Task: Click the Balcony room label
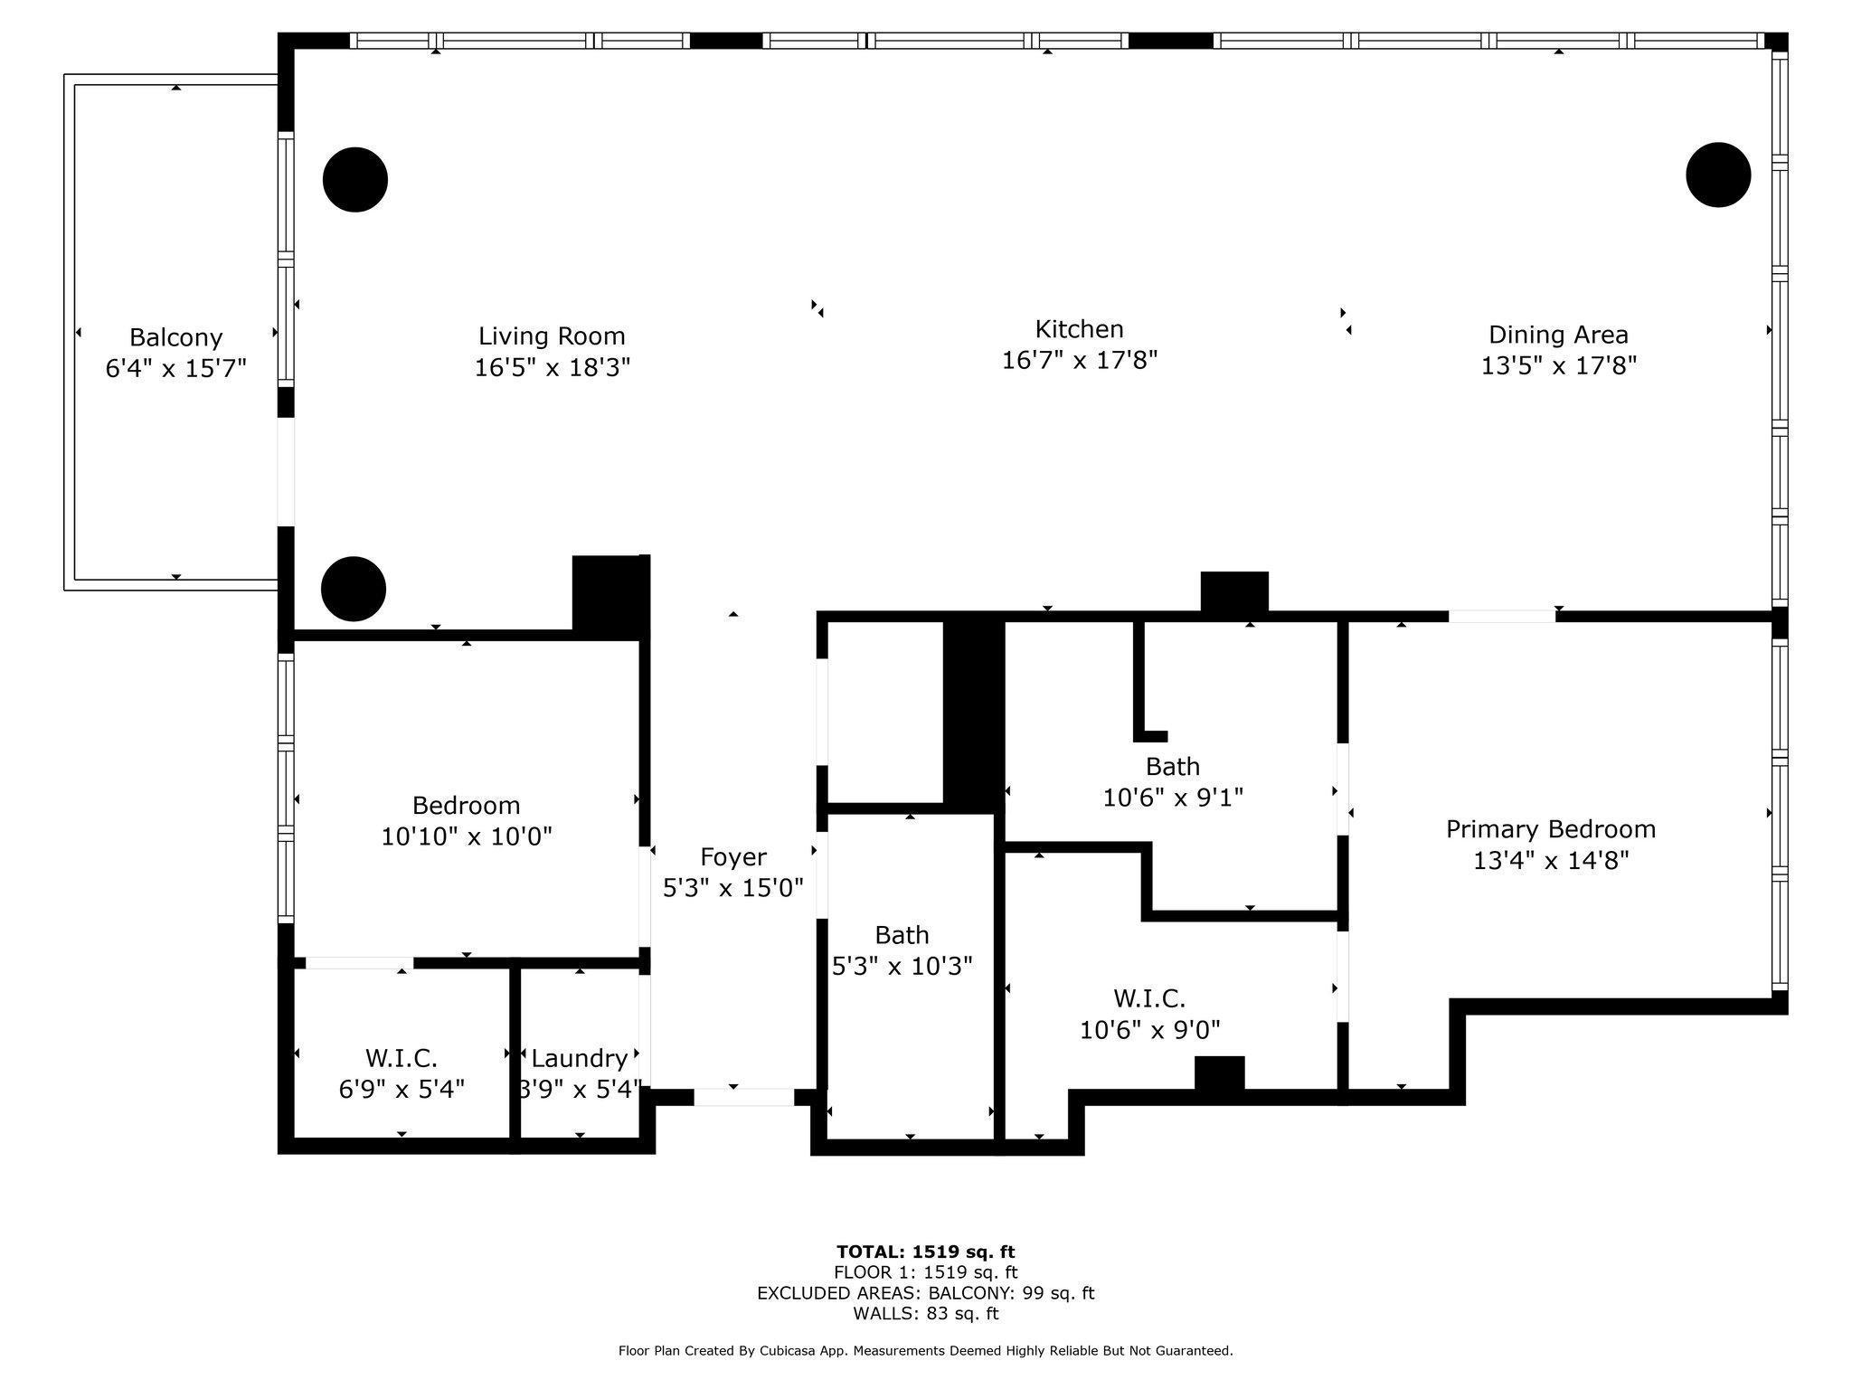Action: point(175,337)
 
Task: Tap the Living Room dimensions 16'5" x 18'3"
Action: point(552,367)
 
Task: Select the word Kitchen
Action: point(1079,328)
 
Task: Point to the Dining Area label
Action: point(1558,335)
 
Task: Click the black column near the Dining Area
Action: point(1718,175)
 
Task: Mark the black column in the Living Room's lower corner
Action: point(354,589)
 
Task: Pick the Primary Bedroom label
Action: point(1550,828)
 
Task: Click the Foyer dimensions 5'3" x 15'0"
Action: point(732,888)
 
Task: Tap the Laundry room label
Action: point(579,1058)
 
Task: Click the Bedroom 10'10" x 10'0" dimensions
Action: point(466,836)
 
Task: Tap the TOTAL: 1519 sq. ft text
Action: point(925,1252)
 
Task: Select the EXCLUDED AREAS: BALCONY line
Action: point(925,1293)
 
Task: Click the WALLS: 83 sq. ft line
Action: point(925,1313)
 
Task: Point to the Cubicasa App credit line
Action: point(925,1351)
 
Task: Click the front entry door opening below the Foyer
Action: point(743,1097)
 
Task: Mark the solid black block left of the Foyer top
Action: point(609,592)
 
